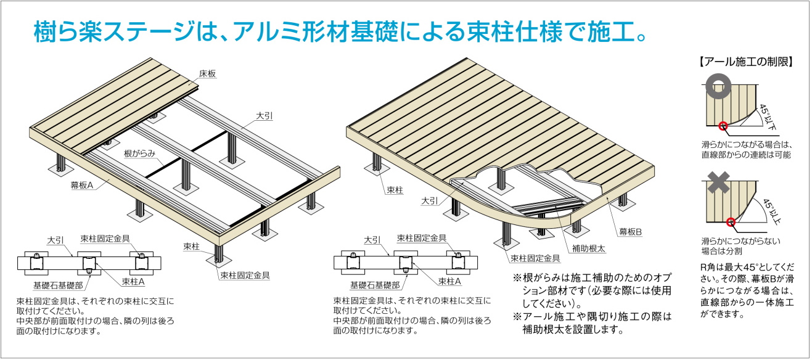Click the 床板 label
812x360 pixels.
(x=207, y=73)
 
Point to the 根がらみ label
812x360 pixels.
(x=139, y=152)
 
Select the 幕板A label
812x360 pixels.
(x=80, y=184)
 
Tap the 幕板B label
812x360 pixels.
(x=630, y=231)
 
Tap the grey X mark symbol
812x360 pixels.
(x=718, y=183)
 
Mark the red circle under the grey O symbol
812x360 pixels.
(x=723, y=128)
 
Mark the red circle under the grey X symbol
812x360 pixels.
(x=731, y=222)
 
